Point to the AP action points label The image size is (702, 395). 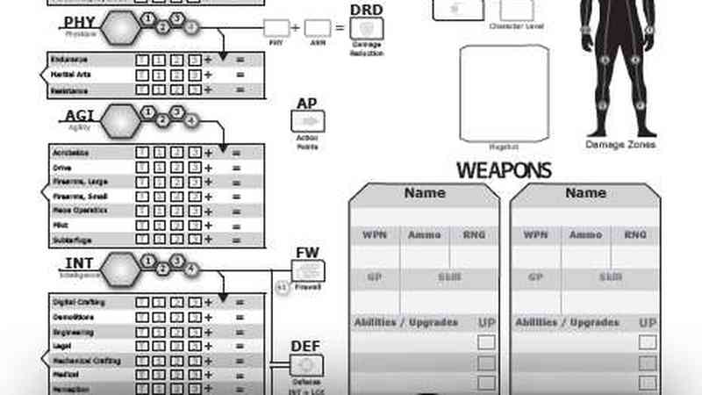tap(306, 104)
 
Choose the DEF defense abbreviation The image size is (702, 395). tap(307, 348)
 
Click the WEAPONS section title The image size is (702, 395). tap(504, 170)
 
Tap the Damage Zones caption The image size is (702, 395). tap(620, 144)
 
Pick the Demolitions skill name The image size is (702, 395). tap(72, 317)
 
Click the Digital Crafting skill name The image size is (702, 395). tap(76, 303)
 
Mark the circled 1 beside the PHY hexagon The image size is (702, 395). tap(148, 18)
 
